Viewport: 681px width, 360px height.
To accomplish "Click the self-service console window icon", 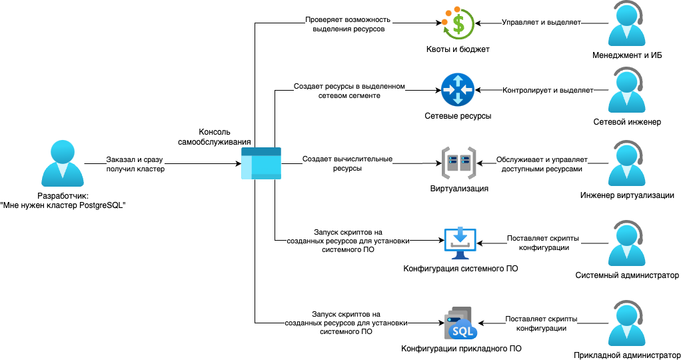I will coord(261,164).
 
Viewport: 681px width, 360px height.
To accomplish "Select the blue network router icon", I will coord(457,90).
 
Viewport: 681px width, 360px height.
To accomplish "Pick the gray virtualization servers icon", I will coord(458,163).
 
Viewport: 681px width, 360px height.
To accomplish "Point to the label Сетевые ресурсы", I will coord(458,116).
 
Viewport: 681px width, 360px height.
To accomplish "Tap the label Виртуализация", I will coord(459,189).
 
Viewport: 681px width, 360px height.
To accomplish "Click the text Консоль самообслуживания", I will coord(215,137).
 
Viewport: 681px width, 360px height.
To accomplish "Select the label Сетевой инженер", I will coord(627,122).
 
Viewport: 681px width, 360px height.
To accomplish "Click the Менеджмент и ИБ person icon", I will coord(627,24).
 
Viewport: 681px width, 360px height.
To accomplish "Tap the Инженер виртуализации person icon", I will coord(627,164).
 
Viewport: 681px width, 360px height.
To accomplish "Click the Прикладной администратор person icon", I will coord(627,324).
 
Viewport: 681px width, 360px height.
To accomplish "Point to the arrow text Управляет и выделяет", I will coord(542,22).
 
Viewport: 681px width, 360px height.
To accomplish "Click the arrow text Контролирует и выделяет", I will coord(548,90).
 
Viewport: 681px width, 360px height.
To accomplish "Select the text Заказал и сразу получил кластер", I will coord(135,165).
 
